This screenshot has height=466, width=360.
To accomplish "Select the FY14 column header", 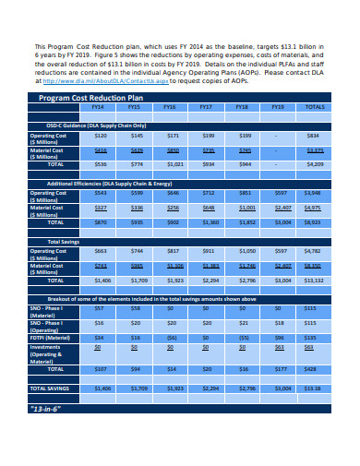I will tap(98, 108).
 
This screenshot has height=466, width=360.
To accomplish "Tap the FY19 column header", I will tap(278, 108).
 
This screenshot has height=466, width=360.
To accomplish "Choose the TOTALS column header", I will tap(315, 108).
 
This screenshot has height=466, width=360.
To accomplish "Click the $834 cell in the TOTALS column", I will tap(315, 136).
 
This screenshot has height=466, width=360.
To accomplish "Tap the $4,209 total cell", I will tap(315, 164).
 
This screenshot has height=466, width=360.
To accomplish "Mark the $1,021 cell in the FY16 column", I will tap(173, 164).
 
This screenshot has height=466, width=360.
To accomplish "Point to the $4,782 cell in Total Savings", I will tap(315, 251).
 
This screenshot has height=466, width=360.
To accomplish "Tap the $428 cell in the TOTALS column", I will tap(315, 368).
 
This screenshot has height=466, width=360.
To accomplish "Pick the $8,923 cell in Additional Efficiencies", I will tap(315, 222).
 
